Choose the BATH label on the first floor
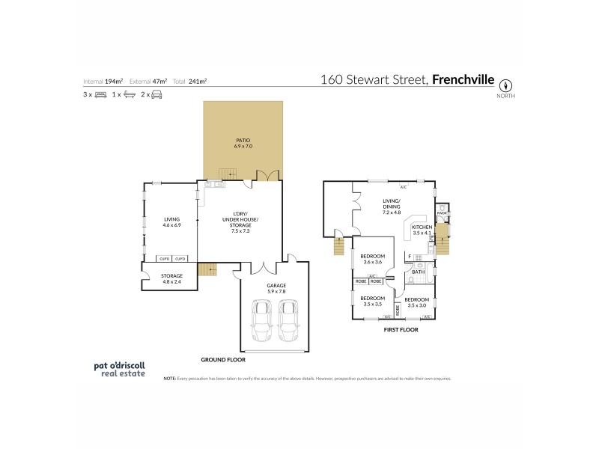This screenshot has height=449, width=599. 418,272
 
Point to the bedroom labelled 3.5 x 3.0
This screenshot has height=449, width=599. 417,302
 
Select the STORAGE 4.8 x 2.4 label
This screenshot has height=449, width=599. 172,278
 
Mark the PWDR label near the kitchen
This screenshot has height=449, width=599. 442,213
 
